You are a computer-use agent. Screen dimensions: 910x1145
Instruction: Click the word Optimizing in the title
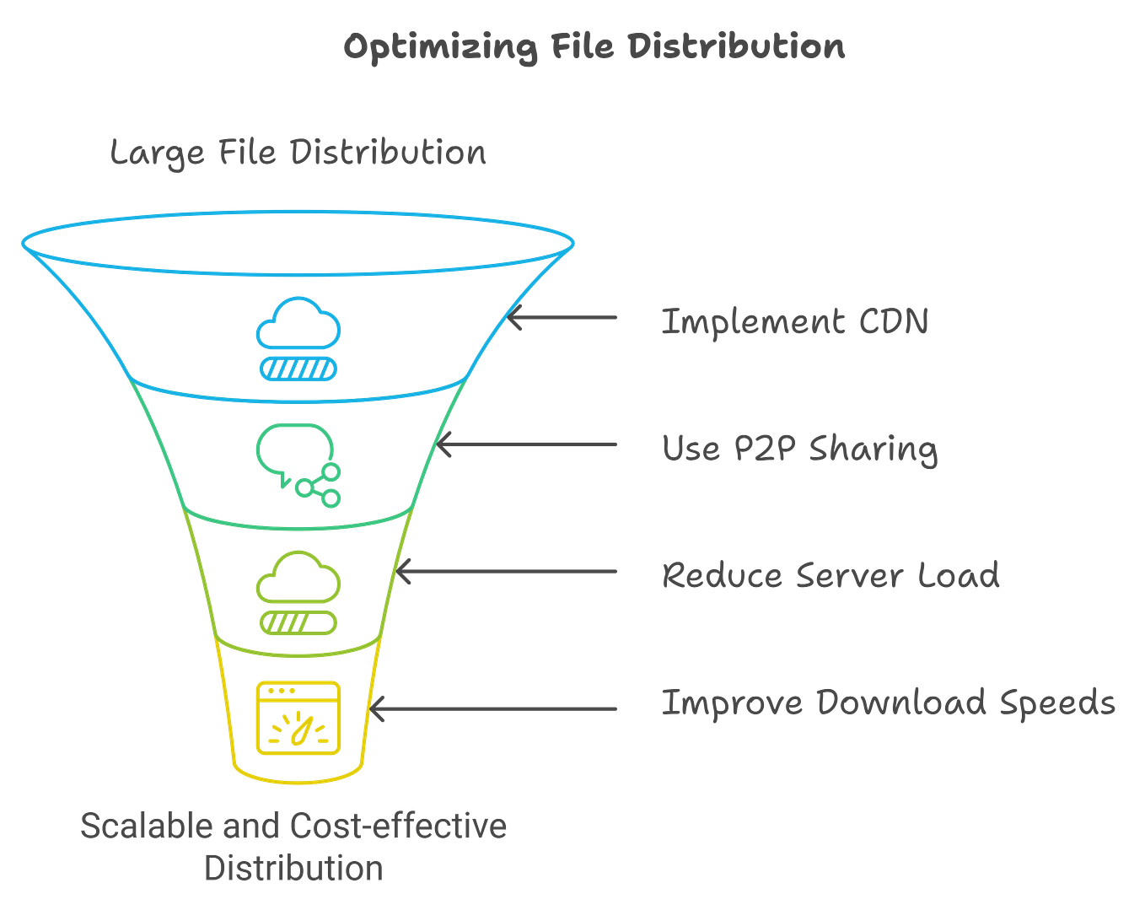(x=439, y=48)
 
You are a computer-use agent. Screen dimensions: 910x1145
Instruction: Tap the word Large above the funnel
(x=157, y=153)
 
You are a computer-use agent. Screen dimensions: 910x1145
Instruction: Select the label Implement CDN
(x=794, y=321)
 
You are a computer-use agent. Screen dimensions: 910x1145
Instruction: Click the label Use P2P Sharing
(x=799, y=448)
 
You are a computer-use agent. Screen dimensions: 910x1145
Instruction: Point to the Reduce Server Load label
(x=831, y=575)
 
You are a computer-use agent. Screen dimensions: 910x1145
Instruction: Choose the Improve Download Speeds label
(x=889, y=703)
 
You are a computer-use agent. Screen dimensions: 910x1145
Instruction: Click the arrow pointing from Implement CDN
(x=562, y=318)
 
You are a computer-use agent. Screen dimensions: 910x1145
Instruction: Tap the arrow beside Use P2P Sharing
(x=528, y=444)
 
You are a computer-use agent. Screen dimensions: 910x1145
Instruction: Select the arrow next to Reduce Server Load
(x=506, y=573)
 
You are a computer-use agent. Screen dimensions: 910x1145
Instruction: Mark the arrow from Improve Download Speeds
(x=494, y=708)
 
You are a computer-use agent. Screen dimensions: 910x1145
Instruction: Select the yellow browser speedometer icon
(x=298, y=718)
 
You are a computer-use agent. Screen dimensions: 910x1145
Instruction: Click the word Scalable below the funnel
(x=146, y=826)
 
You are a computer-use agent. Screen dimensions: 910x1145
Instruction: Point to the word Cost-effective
(x=397, y=826)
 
